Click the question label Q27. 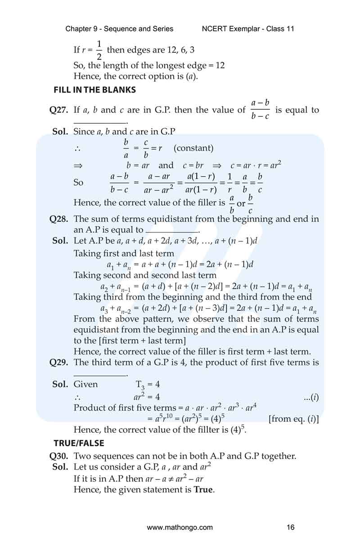pos(59,110)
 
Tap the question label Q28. pos(59,220)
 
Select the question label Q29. pos(59,363)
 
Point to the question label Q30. pos(59,456)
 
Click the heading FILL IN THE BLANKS pos(94,90)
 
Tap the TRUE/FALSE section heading pos(79,443)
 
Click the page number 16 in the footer pos(290,527)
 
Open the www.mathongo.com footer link pos(180,527)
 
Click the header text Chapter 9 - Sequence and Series pos(119,29)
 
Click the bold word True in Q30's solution pos(202,489)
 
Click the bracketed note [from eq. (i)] pos(293,419)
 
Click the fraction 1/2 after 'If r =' pos(99,50)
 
